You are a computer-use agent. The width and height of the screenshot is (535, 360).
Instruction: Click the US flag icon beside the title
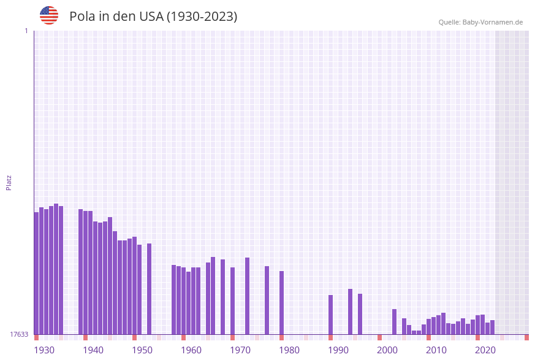click(x=49, y=15)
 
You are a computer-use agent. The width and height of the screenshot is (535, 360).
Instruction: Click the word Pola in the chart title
click(x=83, y=17)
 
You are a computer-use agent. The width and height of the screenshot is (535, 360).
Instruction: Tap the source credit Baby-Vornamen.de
click(x=493, y=22)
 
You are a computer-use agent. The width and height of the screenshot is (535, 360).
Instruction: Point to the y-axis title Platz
click(x=9, y=182)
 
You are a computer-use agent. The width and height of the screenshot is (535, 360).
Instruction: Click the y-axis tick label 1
click(x=26, y=31)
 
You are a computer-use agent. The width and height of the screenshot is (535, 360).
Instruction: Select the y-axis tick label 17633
click(x=19, y=334)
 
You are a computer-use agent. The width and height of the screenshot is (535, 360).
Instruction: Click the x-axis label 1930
click(x=44, y=350)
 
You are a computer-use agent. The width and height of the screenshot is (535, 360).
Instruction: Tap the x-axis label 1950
click(x=142, y=350)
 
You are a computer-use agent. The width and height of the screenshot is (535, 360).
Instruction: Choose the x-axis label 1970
click(x=240, y=350)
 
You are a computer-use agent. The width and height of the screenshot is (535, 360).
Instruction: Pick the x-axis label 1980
click(x=289, y=350)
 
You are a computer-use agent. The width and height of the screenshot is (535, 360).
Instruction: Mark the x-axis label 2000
click(x=387, y=350)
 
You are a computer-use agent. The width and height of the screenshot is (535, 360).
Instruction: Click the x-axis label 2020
click(x=485, y=350)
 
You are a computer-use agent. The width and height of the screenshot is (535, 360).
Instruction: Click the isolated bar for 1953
click(x=150, y=288)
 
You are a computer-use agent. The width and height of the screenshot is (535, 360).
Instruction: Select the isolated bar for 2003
click(x=395, y=321)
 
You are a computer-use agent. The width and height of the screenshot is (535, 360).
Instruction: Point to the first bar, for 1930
click(x=37, y=273)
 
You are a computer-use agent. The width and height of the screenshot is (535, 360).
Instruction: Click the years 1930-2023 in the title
click(x=202, y=17)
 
